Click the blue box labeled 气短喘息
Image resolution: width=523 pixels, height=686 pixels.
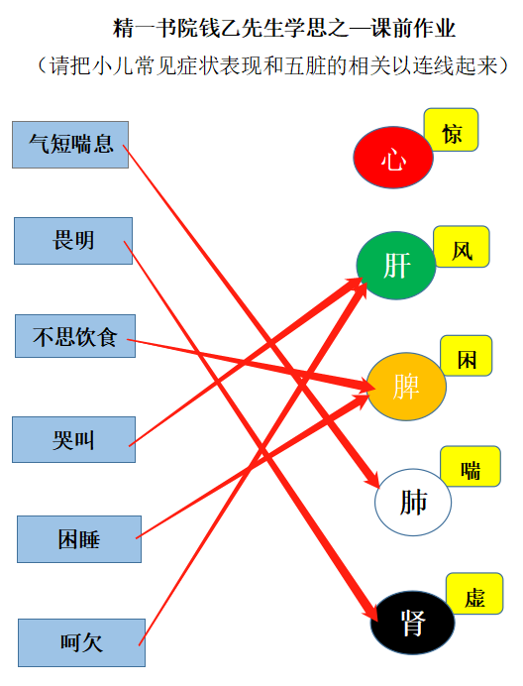[70, 145]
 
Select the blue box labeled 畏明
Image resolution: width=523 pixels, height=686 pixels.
[73, 241]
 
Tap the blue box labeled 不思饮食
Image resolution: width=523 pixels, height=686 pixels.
[75, 336]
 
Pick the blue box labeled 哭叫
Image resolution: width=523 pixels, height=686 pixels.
[73, 440]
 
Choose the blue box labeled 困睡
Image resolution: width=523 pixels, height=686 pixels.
[79, 539]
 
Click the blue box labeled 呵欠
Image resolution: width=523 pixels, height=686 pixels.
[81, 642]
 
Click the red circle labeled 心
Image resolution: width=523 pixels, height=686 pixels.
[393, 158]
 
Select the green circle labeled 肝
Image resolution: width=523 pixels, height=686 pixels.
[396, 266]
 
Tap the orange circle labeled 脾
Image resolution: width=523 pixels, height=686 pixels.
[406, 387]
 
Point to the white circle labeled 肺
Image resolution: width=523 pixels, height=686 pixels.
[413, 503]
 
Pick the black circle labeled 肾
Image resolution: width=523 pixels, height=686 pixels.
[412, 623]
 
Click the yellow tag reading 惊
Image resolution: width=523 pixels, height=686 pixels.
[451, 130]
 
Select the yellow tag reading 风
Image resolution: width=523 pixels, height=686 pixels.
[462, 247]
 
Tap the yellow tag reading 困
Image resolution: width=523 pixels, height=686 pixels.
[467, 356]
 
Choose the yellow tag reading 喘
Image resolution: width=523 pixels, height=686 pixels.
[471, 466]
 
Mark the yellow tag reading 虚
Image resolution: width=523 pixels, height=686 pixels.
[474, 594]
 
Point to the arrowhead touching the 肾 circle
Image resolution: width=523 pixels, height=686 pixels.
[370, 609]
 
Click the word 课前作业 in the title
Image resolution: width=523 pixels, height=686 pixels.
[413, 29]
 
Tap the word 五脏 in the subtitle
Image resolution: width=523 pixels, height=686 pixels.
[300, 66]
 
